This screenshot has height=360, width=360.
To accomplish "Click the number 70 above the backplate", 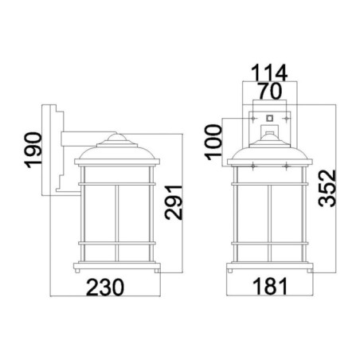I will tap(269, 90).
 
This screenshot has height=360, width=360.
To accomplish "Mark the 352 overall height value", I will tap(322, 189).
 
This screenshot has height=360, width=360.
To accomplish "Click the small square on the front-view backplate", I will tap(269, 118).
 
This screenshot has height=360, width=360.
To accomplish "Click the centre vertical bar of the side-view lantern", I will tap(117, 223).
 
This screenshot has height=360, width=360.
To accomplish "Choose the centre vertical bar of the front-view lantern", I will tap(269, 223).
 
